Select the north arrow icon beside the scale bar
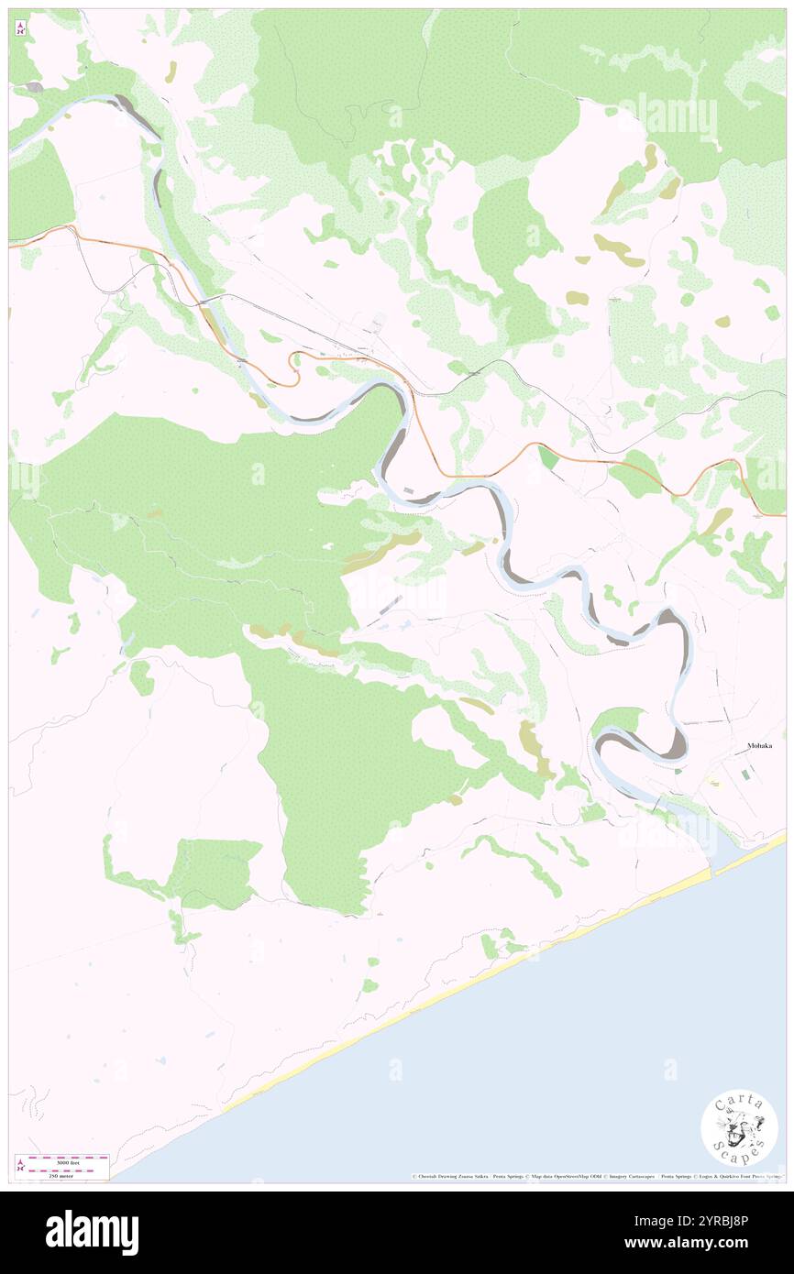[20, 1167]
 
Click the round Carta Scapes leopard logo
[739, 1127]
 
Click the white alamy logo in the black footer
[92, 1232]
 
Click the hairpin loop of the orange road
[293, 368]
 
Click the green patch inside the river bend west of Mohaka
[617, 722]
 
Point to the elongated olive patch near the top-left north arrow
[171, 72]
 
